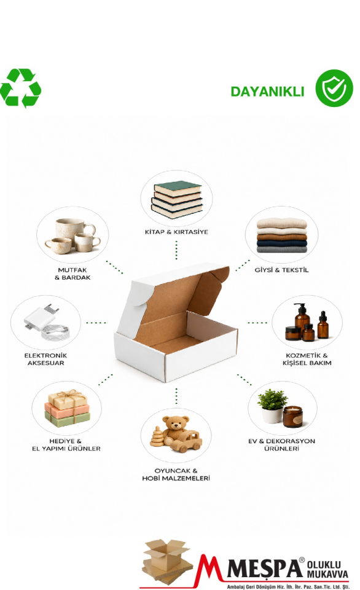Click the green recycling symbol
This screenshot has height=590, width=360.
point(20,88)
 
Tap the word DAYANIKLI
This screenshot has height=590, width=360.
point(267,92)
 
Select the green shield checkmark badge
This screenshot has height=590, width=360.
point(334,88)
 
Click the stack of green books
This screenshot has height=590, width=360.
point(177,199)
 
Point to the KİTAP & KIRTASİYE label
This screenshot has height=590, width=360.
point(176,232)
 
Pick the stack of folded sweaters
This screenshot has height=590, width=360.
point(282,235)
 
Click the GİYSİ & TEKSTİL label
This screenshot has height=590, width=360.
point(281,270)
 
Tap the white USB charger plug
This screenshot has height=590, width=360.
point(41,318)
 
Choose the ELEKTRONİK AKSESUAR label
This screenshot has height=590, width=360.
point(45,359)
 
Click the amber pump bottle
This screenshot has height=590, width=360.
point(302,319)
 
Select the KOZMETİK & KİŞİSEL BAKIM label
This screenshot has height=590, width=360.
point(307,359)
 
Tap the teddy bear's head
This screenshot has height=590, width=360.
point(176,423)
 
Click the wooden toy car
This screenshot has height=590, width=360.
point(186,441)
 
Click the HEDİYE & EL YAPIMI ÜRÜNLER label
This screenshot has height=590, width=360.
point(66,444)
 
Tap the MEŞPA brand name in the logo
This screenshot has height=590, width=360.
point(265,568)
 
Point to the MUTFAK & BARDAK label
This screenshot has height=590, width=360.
point(72,273)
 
